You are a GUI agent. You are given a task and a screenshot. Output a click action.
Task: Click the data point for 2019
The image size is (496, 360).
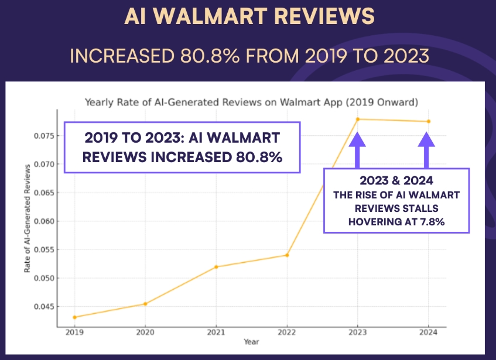click(x=74, y=317)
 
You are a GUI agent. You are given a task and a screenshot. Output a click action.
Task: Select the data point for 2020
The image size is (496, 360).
click(x=145, y=304)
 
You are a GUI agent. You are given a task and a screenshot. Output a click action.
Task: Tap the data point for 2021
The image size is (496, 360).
click(x=216, y=267)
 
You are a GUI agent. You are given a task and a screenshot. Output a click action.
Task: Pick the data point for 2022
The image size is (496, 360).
click(x=287, y=255)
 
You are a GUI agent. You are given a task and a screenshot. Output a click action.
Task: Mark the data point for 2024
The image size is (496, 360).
click(x=428, y=122)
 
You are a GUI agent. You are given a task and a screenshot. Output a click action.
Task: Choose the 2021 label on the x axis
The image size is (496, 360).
click(x=216, y=332)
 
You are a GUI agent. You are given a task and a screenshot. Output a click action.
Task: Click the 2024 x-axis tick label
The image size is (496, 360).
click(x=428, y=332)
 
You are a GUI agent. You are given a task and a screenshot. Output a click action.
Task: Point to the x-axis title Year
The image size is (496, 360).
click(x=251, y=341)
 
